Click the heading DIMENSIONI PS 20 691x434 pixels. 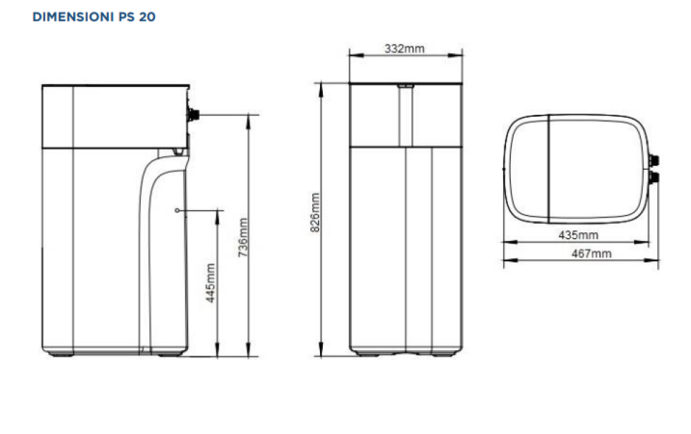[x=94, y=16]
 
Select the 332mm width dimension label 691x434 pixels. [x=405, y=49]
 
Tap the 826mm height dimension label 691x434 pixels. [x=315, y=212]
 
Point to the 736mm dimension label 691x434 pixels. [x=243, y=238]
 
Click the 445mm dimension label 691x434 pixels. [x=211, y=283]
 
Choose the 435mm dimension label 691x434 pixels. [x=578, y=235]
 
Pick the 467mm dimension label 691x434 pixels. [x=591, y=253]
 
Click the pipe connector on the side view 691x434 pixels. [x=193, y=115]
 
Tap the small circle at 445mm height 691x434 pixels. [x=177, y=211]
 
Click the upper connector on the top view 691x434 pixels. [x=654, y=161]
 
